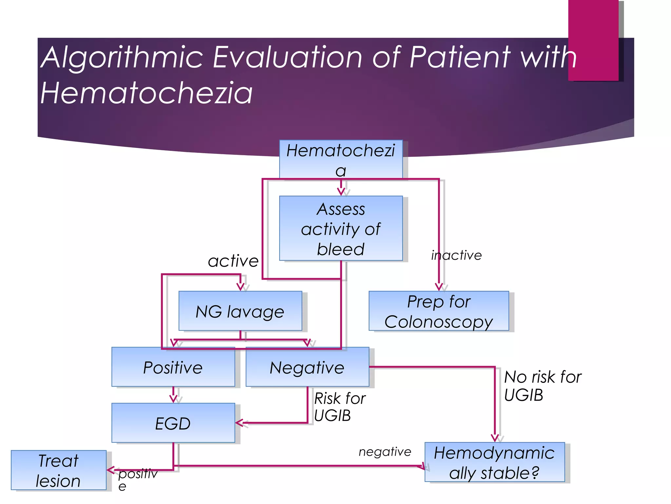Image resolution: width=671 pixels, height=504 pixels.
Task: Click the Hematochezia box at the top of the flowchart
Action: (x=341, y=159)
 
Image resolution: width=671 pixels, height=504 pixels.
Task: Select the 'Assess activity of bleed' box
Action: (x=341, y=228)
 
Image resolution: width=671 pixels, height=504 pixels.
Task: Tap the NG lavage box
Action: (x=240, y=311)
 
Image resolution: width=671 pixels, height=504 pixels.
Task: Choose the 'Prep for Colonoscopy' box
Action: (x=439, y=311)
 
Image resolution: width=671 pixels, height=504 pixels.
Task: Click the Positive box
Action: (x=173, y=367)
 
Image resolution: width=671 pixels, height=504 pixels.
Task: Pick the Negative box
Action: (x=307, y=367)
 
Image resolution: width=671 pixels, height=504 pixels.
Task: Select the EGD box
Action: (x=173, y=423)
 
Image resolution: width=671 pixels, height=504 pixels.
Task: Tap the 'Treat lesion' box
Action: (x=59, y=470)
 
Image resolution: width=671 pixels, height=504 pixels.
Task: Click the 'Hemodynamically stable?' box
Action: (x=494, y=462)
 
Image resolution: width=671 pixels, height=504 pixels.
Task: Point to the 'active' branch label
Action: (x=233, y=261)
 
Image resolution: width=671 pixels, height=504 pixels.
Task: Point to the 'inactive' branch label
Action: (x=456, y=255)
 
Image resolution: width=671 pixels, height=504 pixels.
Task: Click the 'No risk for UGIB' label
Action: (x=542, y=386)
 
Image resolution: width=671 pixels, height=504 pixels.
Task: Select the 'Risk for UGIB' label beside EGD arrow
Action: (x=339, y=407)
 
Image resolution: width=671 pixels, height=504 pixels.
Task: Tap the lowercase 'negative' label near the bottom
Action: (x=385, y=452)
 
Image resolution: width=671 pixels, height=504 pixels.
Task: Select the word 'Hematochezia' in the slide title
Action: (x=146, y=93)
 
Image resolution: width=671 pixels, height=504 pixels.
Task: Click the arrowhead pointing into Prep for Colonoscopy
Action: (x=439, y=287)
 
